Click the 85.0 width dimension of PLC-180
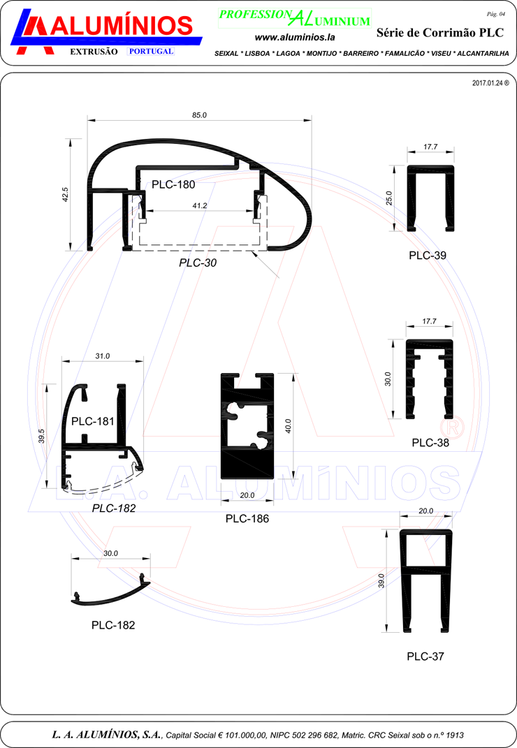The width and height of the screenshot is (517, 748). [200, 115]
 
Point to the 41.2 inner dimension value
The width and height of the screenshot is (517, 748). [200, 205]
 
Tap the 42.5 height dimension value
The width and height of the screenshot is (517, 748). [66, 194]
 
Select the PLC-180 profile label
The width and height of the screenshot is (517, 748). [173, 184]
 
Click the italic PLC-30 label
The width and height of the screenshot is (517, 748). [198, 263]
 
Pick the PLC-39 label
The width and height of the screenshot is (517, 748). [428, 255]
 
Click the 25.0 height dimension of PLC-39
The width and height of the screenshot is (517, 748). [389, 198]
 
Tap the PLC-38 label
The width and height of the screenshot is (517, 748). [430, 443]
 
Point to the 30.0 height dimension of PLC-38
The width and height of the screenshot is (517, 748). [388, 379]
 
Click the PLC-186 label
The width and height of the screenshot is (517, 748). [247, 518]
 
